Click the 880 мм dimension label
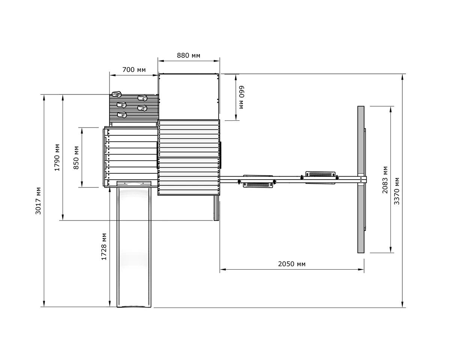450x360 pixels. click(x=188, y=55)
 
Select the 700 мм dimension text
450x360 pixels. click(x=134, y=70)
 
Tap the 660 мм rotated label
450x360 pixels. click(x=241, y=97)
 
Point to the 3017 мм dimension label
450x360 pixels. click(x=38, y=201)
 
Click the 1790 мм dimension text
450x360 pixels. click(x=57, y=157)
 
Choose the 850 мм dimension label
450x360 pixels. click(x=76, y=158)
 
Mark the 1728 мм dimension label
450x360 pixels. click(x=104, y=247)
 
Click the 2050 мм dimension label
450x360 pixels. click(x=292, y=264)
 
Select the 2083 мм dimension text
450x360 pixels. click(x=385, y=180)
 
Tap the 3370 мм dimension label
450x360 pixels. click(x=397, y=191)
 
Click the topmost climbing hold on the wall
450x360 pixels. click(x=117, y=94)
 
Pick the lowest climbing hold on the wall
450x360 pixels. click(x=122, y=115)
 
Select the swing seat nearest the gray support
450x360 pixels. click(x=320, y=174)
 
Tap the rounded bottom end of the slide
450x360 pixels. click(x=134, y=306)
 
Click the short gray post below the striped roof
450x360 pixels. click(x=216, y=208)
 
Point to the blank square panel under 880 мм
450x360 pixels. click(x=189, y=96)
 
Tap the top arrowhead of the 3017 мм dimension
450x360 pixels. click(x=44, y=97)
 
